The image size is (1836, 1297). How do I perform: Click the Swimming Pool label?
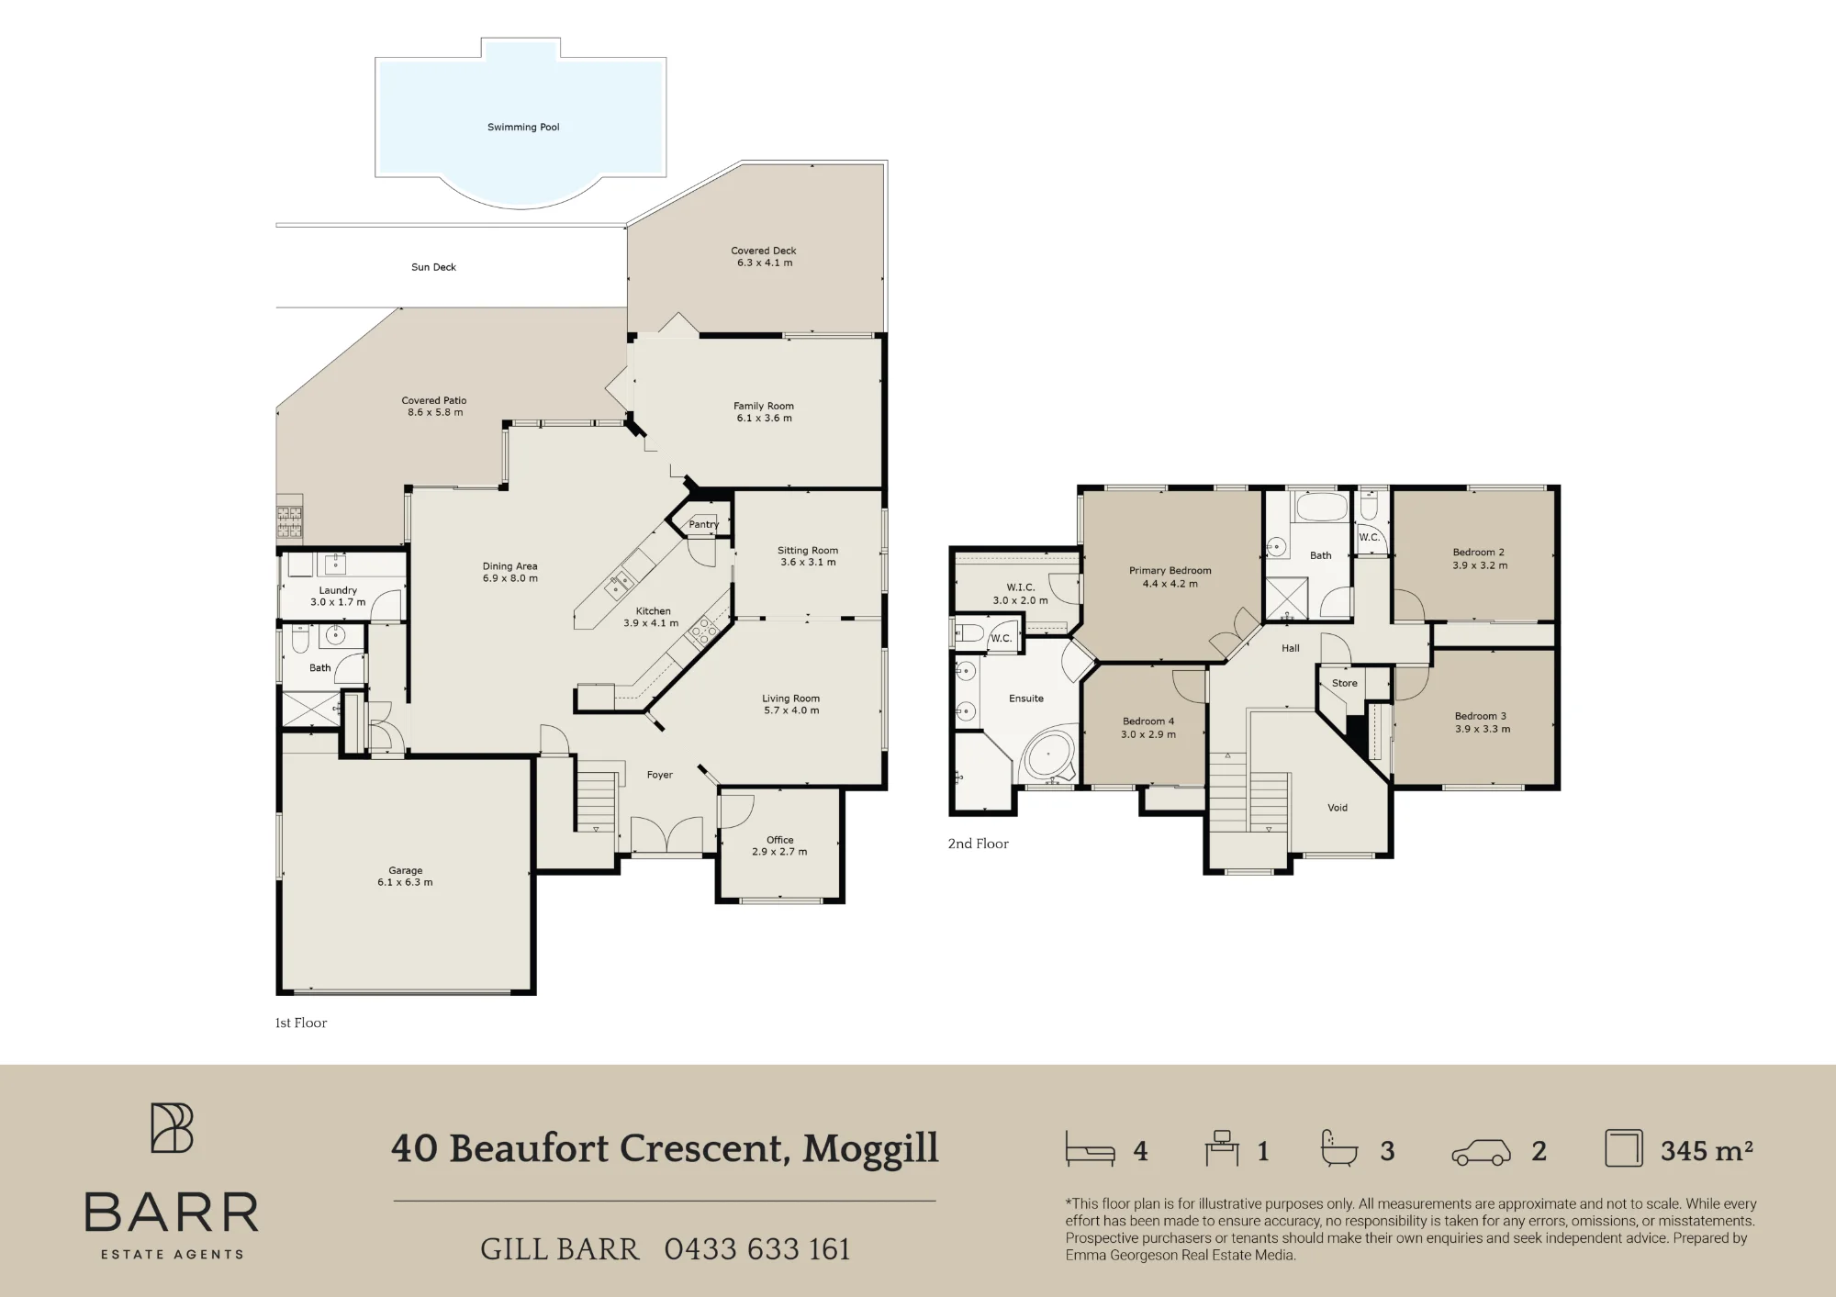(523, 128)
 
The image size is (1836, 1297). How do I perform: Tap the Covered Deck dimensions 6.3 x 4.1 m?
(765, 263)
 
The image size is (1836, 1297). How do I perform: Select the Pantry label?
(704, 525)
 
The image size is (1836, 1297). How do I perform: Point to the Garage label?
(406, 870)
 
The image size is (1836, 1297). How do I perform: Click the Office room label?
(780, 840)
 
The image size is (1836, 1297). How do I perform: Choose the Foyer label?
(660, 776)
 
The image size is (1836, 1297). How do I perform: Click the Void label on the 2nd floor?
(1338, 808)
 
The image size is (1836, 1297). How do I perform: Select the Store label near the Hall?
(1345, 683)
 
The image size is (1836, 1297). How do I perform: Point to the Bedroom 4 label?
(1148, 721)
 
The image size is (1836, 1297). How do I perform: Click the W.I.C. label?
(1021, 587)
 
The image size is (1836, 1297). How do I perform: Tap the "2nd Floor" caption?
(979, 844)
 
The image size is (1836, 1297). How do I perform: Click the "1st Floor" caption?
(301, 1023)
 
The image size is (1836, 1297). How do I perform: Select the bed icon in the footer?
(1090, 1148)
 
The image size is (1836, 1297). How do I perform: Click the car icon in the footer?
(1481, 1152)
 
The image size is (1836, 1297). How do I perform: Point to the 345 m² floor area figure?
(1707, 1151)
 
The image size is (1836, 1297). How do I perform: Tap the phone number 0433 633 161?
(757, 1249)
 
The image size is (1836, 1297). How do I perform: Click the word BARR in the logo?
(172, 1213)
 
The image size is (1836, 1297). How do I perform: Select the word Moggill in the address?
(870, 1148)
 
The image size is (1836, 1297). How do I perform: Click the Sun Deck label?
(433, 267)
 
